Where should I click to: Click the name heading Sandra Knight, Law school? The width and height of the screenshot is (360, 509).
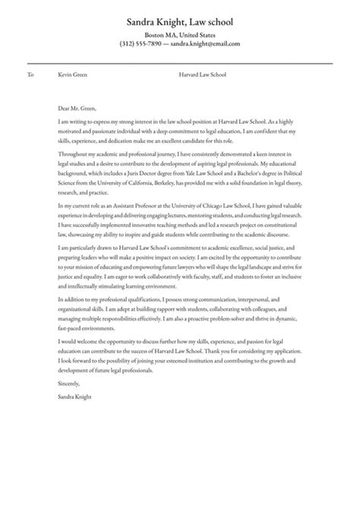180,22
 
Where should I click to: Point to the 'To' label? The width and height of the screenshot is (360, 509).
30,75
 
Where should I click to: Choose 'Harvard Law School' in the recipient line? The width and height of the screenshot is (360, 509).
203,75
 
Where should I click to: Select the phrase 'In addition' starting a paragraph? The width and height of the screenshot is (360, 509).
71,300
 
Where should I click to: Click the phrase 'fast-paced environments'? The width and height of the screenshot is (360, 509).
88,330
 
